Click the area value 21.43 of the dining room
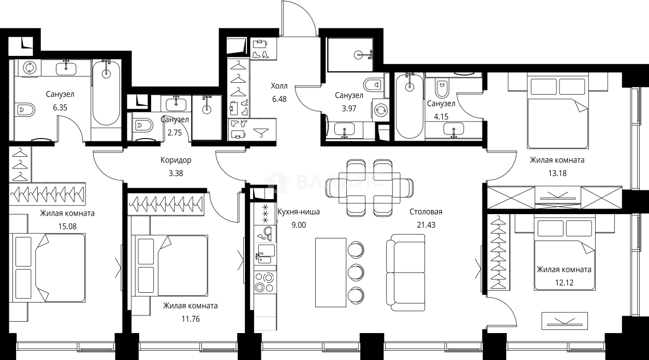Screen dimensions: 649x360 coord(426,225)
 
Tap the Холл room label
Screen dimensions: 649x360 coord(279,86)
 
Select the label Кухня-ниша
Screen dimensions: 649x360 coord(299,212)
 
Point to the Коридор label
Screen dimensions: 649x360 coord(176,160)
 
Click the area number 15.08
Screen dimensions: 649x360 coord(67,227)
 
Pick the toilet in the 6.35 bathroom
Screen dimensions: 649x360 coord(25,110)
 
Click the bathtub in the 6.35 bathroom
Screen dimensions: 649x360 coord(106,93)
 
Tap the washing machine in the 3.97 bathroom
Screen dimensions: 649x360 coord(380,110)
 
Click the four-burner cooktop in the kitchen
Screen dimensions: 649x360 coord(264,282)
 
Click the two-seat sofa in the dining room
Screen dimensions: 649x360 coord(406,272)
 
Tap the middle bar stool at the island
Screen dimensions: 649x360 coord(356,272)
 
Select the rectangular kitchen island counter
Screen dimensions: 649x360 coord(331,272)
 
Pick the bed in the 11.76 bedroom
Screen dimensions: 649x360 coord(169,265)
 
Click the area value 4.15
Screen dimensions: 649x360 coord(441,117)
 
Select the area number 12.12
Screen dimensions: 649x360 coord(564,282)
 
